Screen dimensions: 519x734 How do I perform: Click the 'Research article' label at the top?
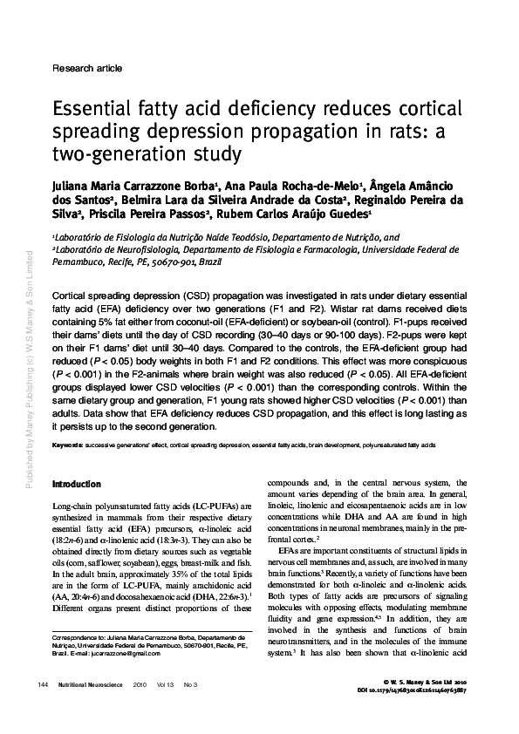[87, 67]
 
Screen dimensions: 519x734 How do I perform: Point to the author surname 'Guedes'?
[347, 215]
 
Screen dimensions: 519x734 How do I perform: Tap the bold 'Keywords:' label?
[67, 445]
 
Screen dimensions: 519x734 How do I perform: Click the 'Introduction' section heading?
[76, 484]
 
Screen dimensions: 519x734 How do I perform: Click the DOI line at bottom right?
[424, 689]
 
